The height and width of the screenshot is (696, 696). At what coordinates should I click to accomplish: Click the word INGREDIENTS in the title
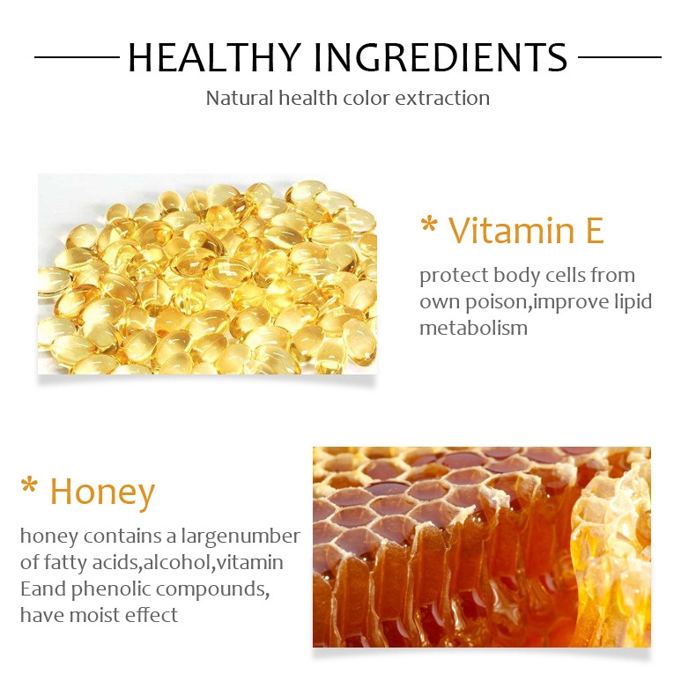click(x=441, y=57)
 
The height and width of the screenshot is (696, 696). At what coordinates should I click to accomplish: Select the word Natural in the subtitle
click(x=240, y=98)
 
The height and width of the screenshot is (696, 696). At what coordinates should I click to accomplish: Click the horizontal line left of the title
click(x=77, y=56)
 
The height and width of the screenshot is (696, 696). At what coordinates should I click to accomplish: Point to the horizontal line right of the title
click(x=619, y=56)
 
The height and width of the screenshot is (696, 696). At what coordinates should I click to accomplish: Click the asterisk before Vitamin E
click(x=429, y=225)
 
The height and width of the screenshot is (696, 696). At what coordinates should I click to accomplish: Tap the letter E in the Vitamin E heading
click(x=595, y=230)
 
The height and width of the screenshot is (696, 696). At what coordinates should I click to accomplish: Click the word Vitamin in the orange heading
click(x=512, y=230)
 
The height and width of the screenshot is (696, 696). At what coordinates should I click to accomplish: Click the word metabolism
click(x=474, y=328)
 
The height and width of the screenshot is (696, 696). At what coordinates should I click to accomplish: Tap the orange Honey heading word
click(x=102, y=492)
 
